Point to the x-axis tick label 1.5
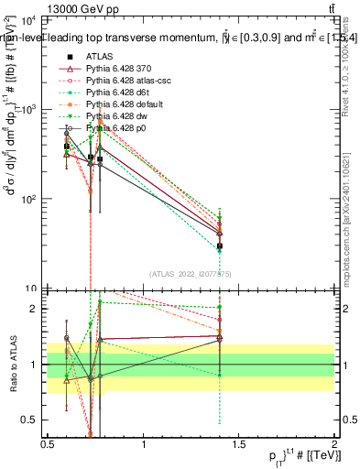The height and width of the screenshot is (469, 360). [239, 445]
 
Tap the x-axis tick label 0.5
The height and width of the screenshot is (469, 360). [48, 445]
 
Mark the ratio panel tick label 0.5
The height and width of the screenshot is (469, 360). [30, 420]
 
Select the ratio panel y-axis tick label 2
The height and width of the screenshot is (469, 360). [35, 309]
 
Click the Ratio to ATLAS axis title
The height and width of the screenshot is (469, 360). [11, 365]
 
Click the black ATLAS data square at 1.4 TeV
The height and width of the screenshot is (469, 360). [220, 246]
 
